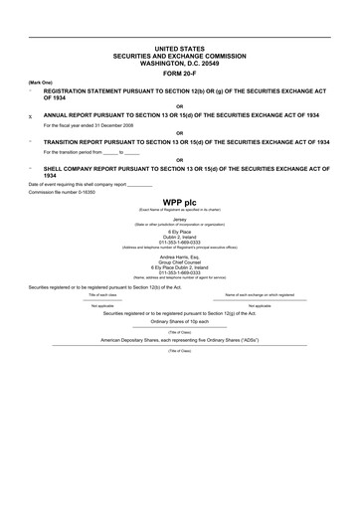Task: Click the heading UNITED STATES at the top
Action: [180, 48]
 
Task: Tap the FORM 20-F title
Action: [180, 73]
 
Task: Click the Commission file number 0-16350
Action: [81, 192]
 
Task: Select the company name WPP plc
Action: [180, 202]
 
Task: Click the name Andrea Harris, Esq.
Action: [180, 255]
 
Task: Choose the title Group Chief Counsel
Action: [180, 261]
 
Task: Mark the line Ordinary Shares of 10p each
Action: [180, 321]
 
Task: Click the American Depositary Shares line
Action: [180, 339]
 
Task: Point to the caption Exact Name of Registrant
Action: [180, 209]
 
